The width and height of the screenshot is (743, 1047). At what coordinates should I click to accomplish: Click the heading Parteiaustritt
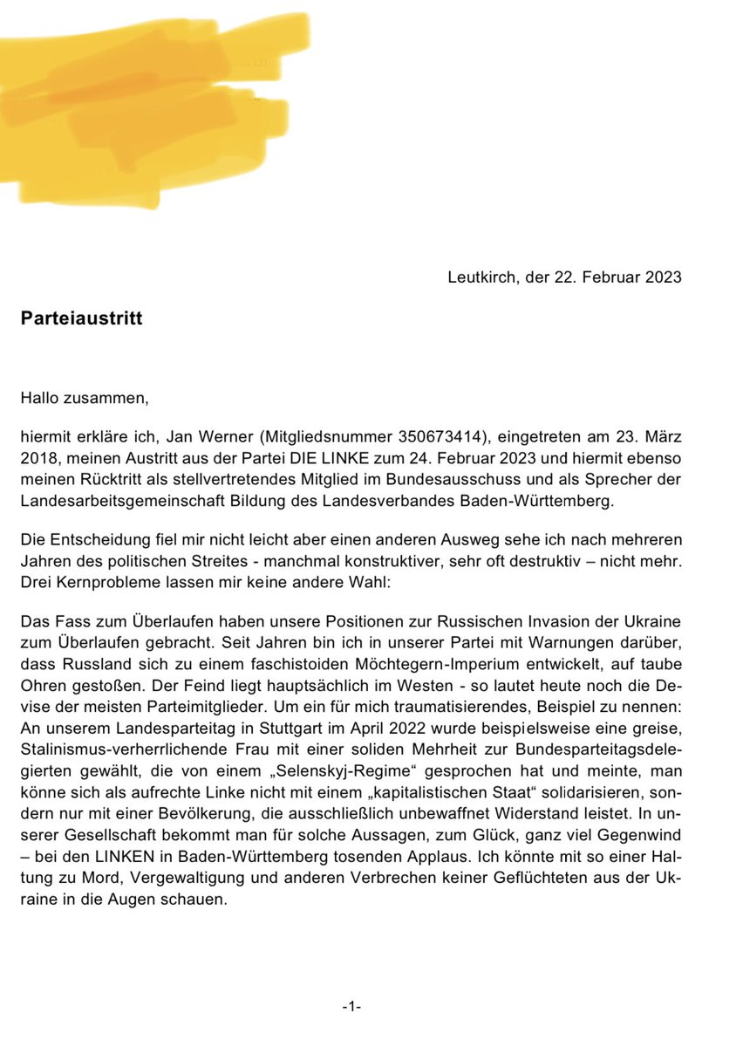[x=81, y=318]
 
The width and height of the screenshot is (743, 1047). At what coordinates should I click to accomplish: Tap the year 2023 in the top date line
[x=663, y=277]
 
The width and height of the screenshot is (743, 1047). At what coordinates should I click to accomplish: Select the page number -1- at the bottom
[x=351, y=1006]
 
